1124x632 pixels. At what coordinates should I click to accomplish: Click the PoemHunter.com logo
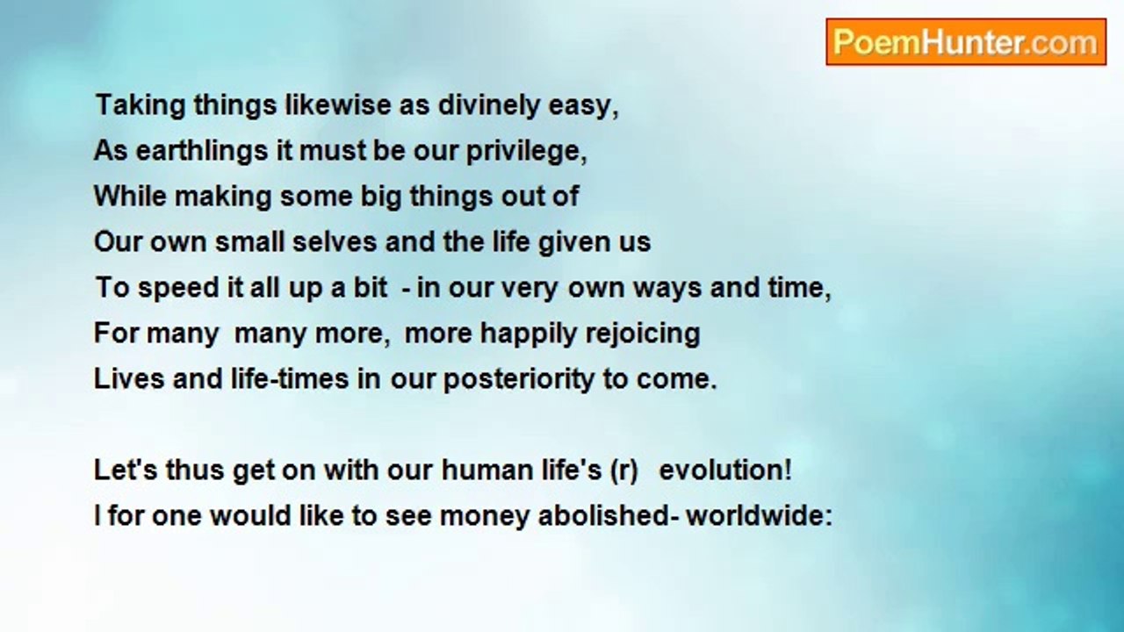tap(965, 42)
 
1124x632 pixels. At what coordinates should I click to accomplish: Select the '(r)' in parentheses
tap(623, 470)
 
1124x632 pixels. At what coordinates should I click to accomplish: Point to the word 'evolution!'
tap(725, 470)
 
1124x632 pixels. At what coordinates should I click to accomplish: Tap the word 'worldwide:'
tap(759, 515)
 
